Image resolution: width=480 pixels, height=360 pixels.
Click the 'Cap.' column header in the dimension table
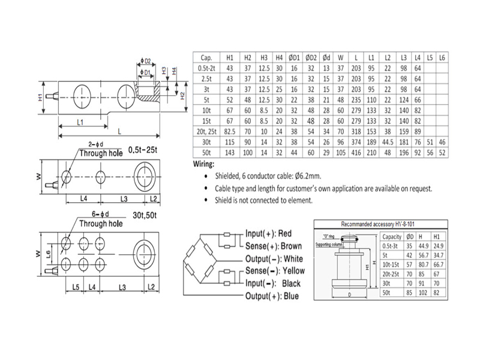206,58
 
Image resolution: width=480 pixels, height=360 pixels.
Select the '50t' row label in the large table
206,154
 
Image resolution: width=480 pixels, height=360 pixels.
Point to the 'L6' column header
442,58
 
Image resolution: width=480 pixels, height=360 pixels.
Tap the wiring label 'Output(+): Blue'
271,296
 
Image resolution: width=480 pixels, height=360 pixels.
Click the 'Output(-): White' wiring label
274,258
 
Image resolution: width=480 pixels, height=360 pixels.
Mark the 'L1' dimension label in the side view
80,122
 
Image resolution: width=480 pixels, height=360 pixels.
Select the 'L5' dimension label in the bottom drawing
76,289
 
